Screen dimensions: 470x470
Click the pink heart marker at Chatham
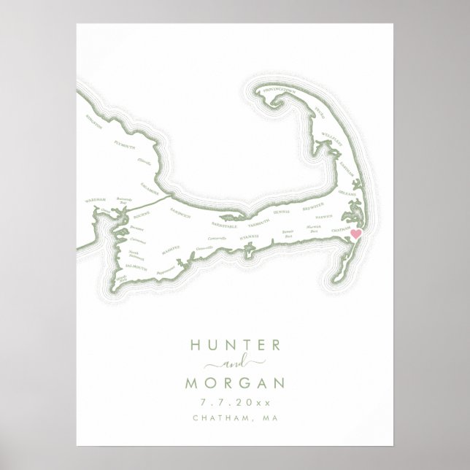click(357, 234)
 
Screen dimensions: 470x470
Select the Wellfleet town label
click(332, 139)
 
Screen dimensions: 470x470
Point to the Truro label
click(319, 112)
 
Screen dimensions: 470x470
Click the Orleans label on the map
click(347, 193)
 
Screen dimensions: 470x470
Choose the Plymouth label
click(126, 145)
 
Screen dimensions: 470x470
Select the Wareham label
click(95, 199)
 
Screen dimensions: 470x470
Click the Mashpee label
click(170, 250)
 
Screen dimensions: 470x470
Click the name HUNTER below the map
click(235, 346)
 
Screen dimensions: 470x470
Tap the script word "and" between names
click(235, 364)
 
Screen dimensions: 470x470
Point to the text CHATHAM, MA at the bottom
click(235, 418)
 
